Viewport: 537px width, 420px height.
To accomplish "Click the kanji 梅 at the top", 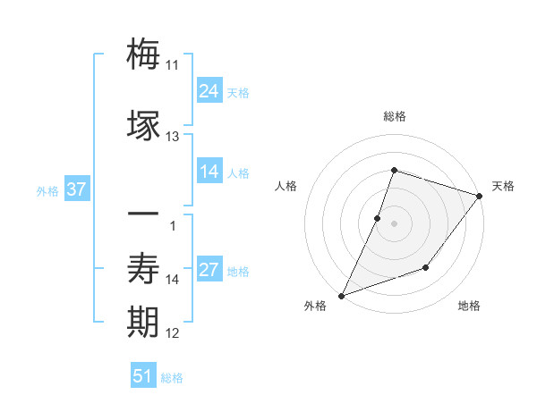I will click(x=143, y=54).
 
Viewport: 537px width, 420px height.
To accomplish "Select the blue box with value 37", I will click(x=76, y=189).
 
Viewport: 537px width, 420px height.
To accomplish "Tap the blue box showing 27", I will click(x=209, y=270).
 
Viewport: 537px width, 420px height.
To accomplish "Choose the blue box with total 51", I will click(x=143, y=376).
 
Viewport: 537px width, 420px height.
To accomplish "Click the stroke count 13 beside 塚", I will click(x=173, y=137).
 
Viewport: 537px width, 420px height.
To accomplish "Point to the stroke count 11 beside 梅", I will click(x=173, y=65).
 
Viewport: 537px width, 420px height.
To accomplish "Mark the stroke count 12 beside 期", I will click(x=173, y=333).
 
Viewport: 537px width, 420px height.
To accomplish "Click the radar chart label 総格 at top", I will click(x=394, y=116).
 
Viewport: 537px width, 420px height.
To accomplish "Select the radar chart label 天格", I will click(x=503, y=186).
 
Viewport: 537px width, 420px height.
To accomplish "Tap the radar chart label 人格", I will click(x=286, y=186).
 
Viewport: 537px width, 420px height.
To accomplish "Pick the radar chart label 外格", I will click(x=315, y=306).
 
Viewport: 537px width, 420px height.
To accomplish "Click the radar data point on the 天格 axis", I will click(x=480, y=195).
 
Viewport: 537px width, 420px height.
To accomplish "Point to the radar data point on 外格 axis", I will click(x=341, y=295).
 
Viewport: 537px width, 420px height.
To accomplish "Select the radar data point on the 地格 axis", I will click(x=426, y=267).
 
